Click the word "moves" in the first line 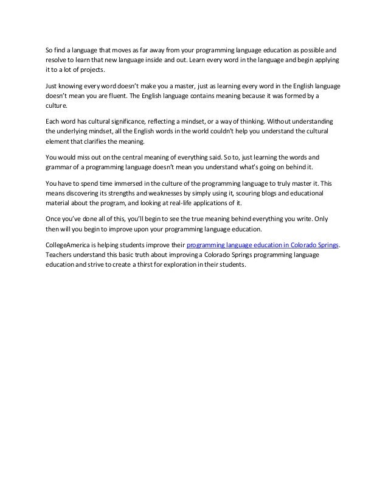coord(122,50)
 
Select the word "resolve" coord(57,61)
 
